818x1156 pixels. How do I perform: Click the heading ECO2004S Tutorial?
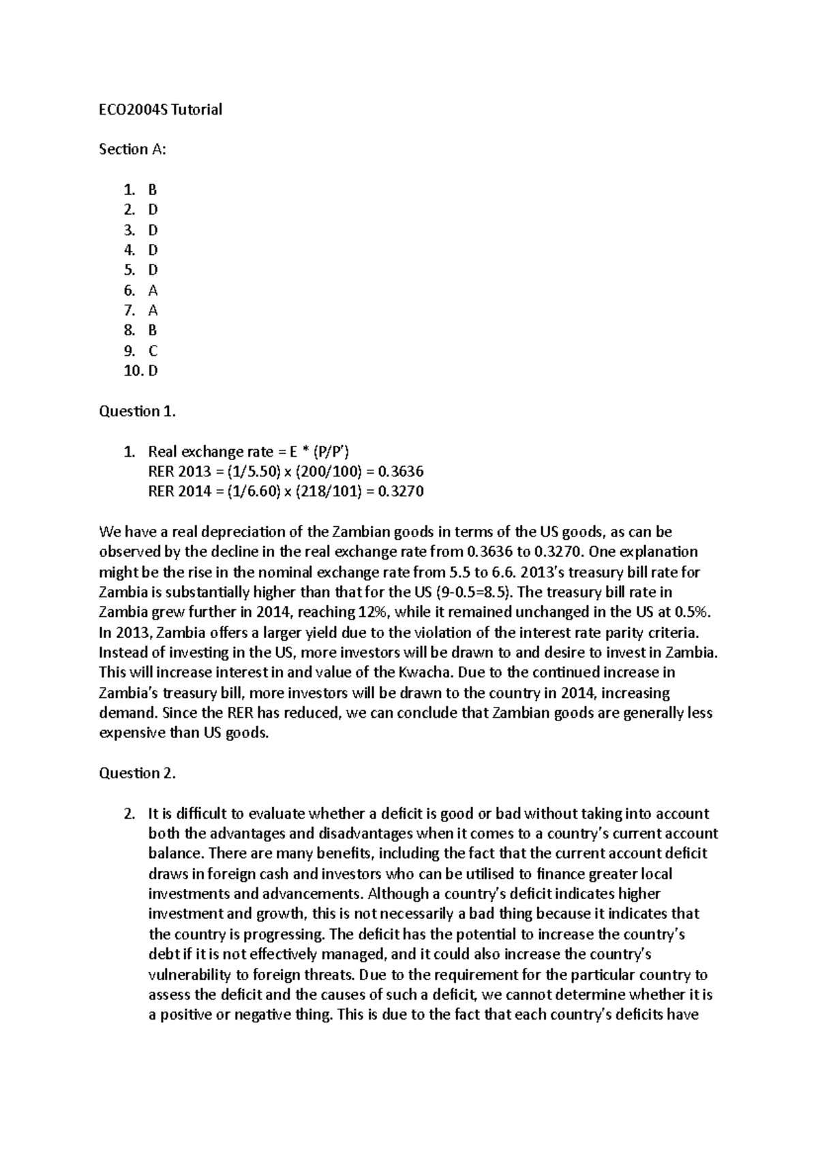tap(160, 109)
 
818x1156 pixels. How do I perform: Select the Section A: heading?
tap(132, 149)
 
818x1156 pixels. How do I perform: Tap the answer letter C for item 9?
tap(153, 351)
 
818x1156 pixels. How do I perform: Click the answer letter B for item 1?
tap(153, 190)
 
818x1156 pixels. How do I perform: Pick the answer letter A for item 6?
tap(153, 290)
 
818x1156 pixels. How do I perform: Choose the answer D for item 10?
tap(153, 371)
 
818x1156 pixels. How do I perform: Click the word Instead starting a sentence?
tap(123, 652)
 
